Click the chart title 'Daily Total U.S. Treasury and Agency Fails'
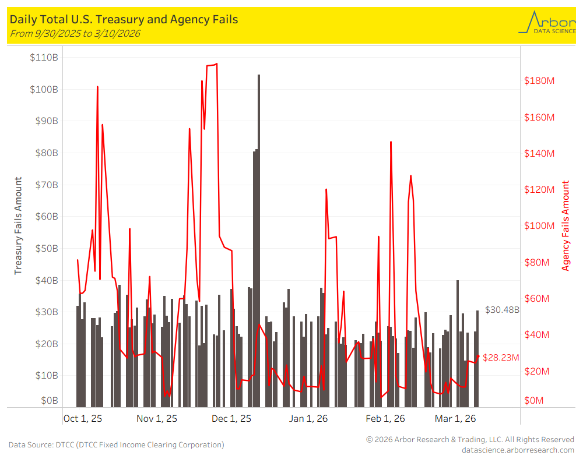click(x=124, y=19)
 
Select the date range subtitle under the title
click(x=75, y=33)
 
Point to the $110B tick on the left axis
click(x=44, y=58)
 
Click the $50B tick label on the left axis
click(x=44, y=248)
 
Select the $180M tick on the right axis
click(x=539, y=80)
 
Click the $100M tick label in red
click(x=539, y=226)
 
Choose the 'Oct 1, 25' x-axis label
click(x=83, y=419)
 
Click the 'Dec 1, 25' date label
click(x=231, y=419)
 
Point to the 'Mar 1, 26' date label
click(x=455, y=419)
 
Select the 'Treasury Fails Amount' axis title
click(x=18, y=226)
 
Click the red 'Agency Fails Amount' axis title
click(x=566, y=226)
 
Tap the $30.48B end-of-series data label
click(x=502, y=310)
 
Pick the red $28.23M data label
click(x=501, y=358)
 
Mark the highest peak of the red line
click(x=216, y=64)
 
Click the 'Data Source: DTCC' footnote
click(x=116, y=444)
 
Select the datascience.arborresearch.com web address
click(x=518, y=450)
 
